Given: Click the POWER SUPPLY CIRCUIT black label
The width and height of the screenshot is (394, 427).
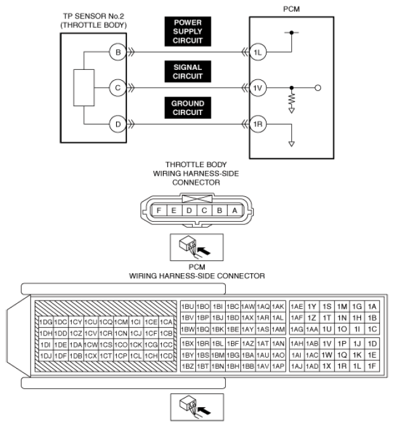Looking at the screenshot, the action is coord(188,32).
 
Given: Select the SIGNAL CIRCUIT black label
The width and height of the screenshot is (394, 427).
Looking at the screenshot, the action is coord(188,72).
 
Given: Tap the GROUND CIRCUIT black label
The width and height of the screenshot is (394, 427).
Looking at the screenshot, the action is coord(188,108).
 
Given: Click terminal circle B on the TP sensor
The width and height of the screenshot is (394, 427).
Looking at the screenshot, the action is coord(118,52).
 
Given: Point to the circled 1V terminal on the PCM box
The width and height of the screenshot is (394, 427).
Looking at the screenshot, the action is coord(258,88).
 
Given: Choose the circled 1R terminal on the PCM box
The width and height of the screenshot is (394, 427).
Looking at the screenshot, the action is coord(258,124).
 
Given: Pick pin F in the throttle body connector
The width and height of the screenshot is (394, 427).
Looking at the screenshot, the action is coord(159,210).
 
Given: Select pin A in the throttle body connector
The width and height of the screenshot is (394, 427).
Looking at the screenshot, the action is coord(235,210).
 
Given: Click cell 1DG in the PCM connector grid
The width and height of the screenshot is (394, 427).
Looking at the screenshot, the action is coord(46,322).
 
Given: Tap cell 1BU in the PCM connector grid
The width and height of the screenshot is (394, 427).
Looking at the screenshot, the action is coord(188,307).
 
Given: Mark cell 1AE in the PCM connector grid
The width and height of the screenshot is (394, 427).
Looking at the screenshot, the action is coord(297,307).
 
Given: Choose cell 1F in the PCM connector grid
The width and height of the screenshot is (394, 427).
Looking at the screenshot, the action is coord(372,366).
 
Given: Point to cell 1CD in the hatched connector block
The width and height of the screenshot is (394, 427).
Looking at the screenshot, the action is coord(166,356).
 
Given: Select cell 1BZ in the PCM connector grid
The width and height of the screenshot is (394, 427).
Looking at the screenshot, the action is coord(188,366).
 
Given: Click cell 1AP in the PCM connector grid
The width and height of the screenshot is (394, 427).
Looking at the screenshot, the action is coord(278,366).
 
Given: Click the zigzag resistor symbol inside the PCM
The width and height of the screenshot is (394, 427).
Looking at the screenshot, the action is coord(291,99).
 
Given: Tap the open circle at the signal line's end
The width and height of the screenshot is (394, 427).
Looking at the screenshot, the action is coord(318,88).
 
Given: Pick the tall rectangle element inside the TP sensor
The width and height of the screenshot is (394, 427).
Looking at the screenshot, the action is coord(84,88).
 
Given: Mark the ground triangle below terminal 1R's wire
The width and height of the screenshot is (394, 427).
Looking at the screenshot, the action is coord(291,144).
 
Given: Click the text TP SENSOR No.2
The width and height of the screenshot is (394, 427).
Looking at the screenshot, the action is coord(93,16).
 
